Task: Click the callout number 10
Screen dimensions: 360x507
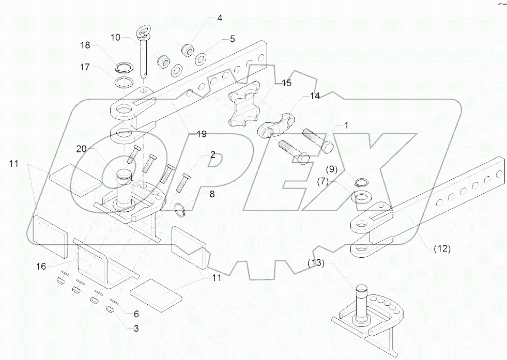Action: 115,37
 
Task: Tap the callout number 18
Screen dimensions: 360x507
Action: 84,45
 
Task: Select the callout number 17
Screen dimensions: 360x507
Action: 84,67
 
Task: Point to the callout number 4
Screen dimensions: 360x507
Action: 220,18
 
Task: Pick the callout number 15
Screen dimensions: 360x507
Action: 286,83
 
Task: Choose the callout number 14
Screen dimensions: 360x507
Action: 315,97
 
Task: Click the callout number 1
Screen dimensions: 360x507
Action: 347,125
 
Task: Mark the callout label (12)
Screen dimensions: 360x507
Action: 442,248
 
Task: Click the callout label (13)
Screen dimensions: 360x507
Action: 316,263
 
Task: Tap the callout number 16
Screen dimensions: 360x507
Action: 41,267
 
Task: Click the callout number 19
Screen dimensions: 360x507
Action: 202,134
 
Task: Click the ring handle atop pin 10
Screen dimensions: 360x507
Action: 142,34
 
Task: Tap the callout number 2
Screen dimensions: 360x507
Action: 212,155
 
